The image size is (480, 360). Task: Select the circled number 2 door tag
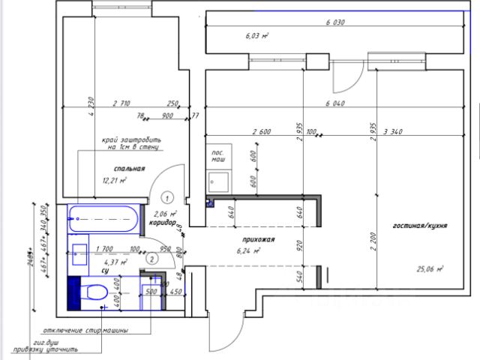(152, 259)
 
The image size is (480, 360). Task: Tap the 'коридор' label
(162, 223)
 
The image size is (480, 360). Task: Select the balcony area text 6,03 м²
(256, 35)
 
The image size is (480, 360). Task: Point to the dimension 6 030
(334, 22)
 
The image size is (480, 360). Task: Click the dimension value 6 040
(334, 103)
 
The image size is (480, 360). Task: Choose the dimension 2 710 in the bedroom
(122, 103)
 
